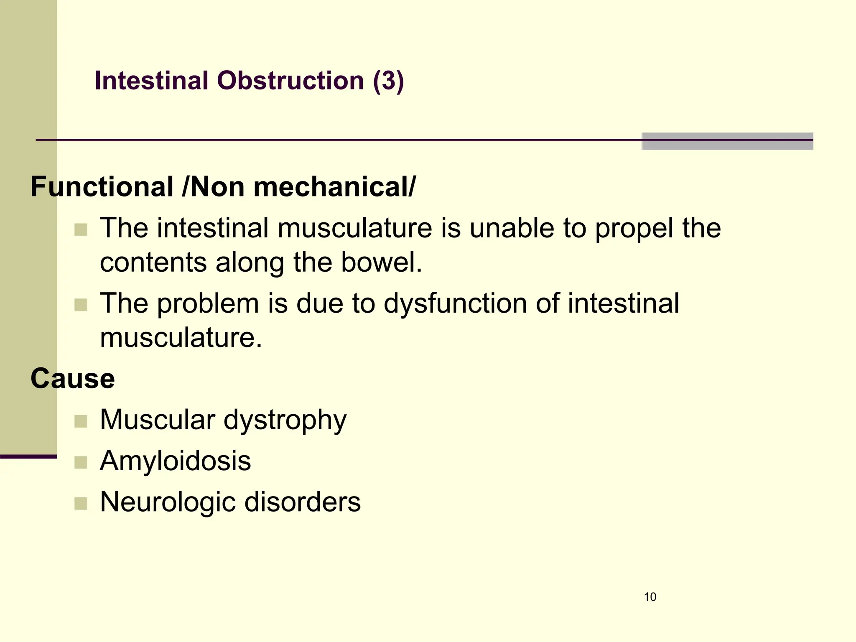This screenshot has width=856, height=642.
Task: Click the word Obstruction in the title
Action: pyautogui.click(x=290, y=80)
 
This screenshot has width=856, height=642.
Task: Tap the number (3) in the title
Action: pyautogui.click(x=388, y=80)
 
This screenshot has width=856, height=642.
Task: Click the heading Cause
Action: pyautogui.click(x=73, y=379)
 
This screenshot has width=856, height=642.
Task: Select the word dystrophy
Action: pyautogui.click(x=285, y=420)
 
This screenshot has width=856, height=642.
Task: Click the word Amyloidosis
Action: pyautogui.click(x=176, y=461)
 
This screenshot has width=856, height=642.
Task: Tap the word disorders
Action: pyautogui.click(x=302, y=502)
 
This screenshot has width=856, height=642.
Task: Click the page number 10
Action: pyautogui.click(x=650, y=597)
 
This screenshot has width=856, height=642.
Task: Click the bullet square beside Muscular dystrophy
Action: pyautogui.click(x=81, y=421)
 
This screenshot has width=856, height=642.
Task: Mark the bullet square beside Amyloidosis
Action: pyautogui.click(x=81, y=462)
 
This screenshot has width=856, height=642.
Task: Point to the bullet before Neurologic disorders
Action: pyautogui.click(x=81, y=503)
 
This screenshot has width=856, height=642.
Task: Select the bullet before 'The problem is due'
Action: pyautogui.click(x=81, y=305)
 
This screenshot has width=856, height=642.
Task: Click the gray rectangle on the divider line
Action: pyautogui.click(x=727, y=141)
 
